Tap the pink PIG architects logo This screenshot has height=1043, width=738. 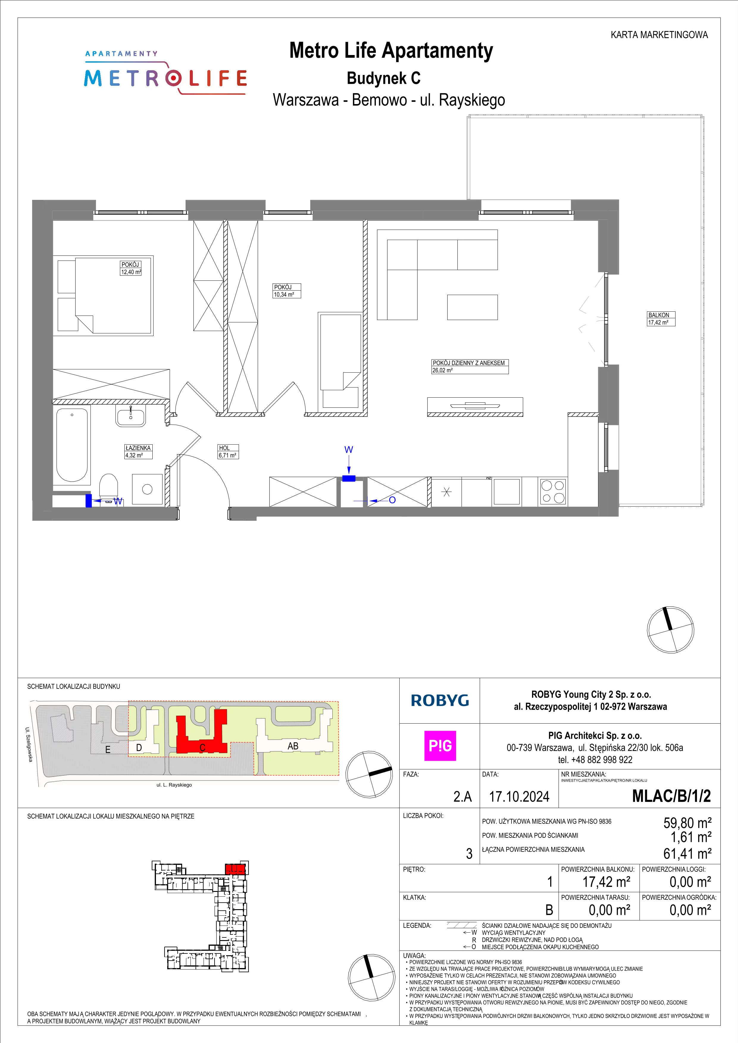[x=440, y=746]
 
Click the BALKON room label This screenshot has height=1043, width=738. [x=659, y=315]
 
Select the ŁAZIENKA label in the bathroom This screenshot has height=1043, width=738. [x=138, y=448]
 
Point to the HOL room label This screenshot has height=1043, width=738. [x=224, y=448]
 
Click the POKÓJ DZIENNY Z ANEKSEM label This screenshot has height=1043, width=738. [x=468, y=363]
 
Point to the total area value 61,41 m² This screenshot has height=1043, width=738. [x=687, y=854]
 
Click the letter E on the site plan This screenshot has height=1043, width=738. [x=108, y=749]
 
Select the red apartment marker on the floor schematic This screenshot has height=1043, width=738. [x=235, y=869]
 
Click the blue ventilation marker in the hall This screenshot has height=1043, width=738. [x=348, y=478]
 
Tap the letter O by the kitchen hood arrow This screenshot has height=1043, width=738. [x=392, y=500]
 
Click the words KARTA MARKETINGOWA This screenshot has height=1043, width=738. [x=659, y=35]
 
